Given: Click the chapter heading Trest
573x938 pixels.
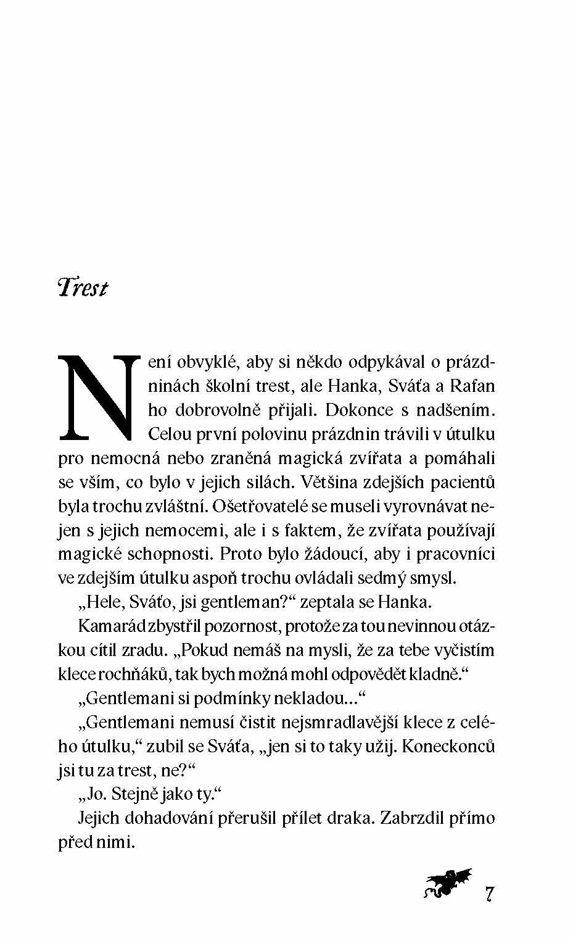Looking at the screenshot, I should click(82, 288).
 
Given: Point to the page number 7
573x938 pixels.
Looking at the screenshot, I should click(489, 894).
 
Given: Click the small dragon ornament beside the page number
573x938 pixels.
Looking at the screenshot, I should click(448, 884).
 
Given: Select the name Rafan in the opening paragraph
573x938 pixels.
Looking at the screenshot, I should click(473, 386).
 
